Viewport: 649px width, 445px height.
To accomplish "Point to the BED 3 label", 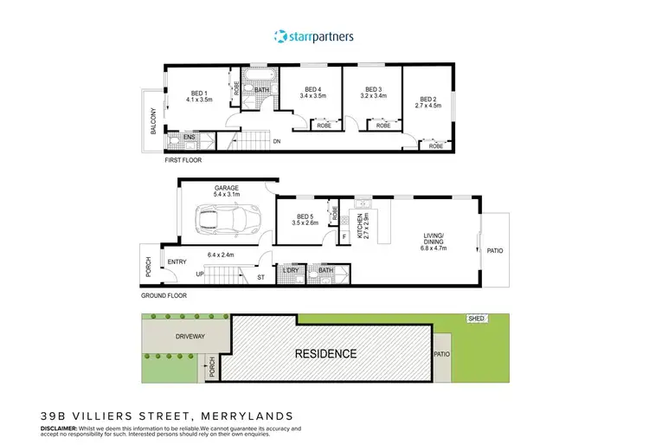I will pyautogui.click(x=373, y=89).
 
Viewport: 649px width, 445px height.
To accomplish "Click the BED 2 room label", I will pyautogui.click(x=428, y=98).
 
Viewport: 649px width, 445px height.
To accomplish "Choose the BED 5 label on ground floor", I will pyautogui.click(x=305, y=216).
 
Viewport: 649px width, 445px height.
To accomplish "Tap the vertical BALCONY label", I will pyautogui.click(x=154, y=120).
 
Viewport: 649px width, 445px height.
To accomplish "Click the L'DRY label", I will pyautogui.click(x=292, y=271).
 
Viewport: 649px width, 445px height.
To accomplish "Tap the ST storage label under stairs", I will pyautogui.click(x=260, y=278).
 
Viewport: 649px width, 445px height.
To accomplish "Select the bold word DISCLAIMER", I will pyautogui.click(x=60, y=428).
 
